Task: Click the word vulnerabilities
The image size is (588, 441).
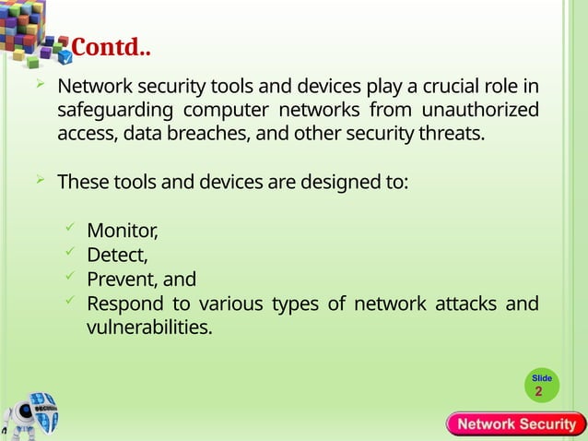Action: (x=148, y=328)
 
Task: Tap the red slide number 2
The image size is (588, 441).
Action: (x=539, y=392)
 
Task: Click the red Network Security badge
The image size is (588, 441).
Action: (x=517, y=424)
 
